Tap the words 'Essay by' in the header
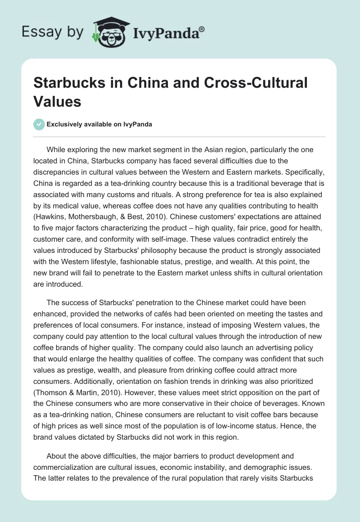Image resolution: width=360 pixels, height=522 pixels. point(52,32)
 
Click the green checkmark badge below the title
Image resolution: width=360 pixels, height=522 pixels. point(39,125)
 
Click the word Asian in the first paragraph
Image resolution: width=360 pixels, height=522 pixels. point(210,149)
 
